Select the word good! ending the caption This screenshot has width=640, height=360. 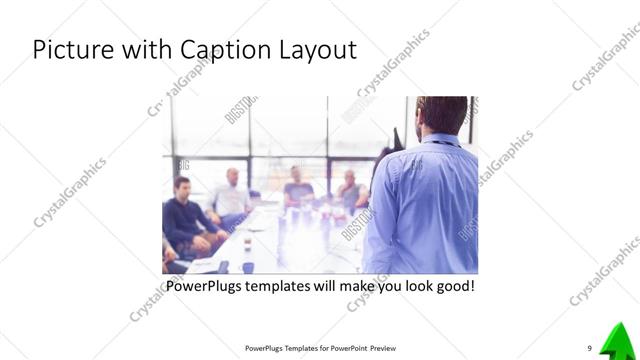[450, 287]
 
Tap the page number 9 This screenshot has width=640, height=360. [589, 348]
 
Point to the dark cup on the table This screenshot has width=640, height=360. [222, 266]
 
